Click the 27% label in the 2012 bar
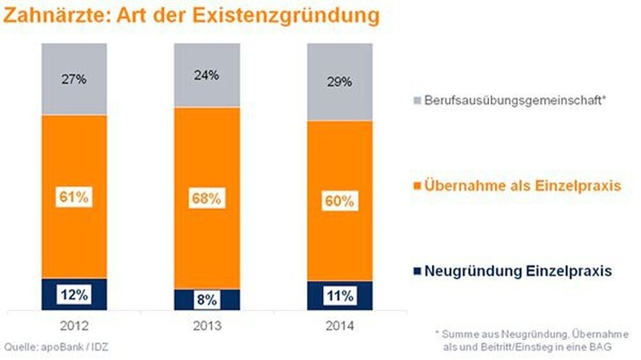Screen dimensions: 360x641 pyautogui.click(x=74, y=80)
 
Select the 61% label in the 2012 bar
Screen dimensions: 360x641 pyautogui.click(x=74, y=197)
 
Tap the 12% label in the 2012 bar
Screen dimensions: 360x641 pyautogui.click(x=74, y=295)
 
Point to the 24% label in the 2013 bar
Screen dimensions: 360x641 pyautogui.click(x=206, y=75)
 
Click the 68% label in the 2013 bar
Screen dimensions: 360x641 pyautogui.click(x=206, y=199)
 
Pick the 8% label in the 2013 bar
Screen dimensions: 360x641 pyautogui.click(x=206, y=300)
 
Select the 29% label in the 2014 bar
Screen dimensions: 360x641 pyautogui.click(x=338, y=82)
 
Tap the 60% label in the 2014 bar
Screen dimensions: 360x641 pyautogui.click(x=338, y=201)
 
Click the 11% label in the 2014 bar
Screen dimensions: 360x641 pyautogui.click(x=338, y=296)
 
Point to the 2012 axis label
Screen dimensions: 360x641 pyautogui.click(x=74, y=325)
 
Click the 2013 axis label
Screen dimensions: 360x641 pyautogui.click(x=206, y=325)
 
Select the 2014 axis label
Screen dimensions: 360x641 pyautogui.click(x=338, y=325)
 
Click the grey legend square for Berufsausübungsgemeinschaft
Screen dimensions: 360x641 pyautogui.click(x=417, y=101)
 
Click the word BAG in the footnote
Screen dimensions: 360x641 pyautogui.click(x=599, y=347)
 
